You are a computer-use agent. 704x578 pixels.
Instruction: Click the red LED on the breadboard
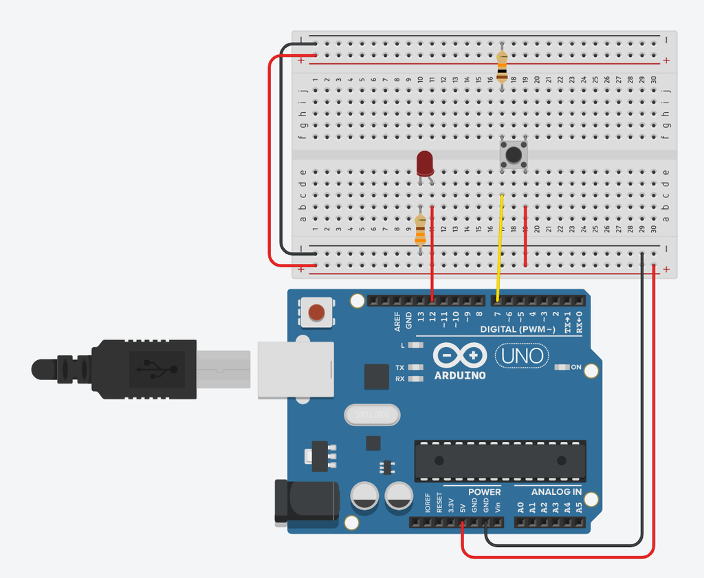[425, 164]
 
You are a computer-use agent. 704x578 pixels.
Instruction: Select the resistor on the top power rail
[502, 66]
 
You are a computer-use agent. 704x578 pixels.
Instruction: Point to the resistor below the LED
[421, 230]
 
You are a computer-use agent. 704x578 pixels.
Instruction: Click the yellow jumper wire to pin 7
[499, 247]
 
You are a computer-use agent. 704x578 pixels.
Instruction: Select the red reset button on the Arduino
[316, 313]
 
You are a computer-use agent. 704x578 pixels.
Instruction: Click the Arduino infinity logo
[460, 356]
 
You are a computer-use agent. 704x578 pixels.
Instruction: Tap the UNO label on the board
[522, 356]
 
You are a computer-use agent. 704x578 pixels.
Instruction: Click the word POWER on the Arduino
[485, 492]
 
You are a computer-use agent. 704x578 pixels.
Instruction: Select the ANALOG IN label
[556, 492]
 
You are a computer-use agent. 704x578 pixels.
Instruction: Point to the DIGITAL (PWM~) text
[518, 330]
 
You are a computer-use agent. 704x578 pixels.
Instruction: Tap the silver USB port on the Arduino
[295, 370]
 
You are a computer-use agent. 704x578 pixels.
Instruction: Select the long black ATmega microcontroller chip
[500, 460]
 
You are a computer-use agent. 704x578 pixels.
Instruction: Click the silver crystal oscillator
[371, 414]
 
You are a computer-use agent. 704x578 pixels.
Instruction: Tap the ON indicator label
[576, 368]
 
